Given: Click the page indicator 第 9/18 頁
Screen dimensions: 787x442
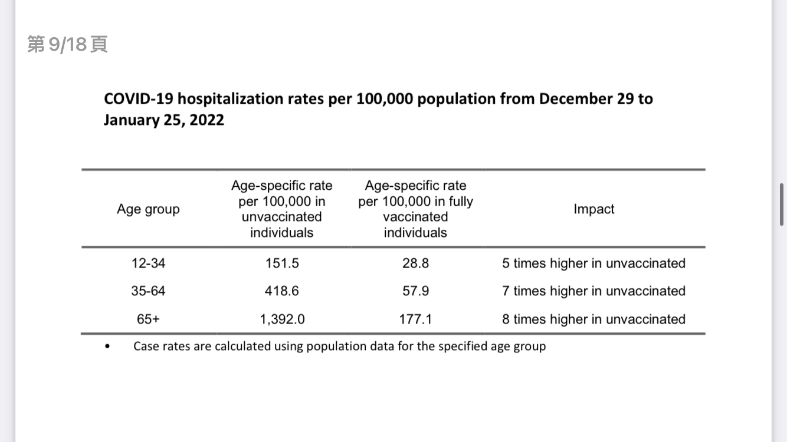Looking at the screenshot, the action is coord(67,44).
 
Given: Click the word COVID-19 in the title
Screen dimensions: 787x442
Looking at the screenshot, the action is coord(139,98).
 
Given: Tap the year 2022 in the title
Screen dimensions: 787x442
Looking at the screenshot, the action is coord(206,120).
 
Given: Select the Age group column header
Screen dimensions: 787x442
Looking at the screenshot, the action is coord(148,209).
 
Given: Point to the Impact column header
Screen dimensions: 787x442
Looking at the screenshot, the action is coord(593,209).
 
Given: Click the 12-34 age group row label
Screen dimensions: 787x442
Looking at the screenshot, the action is coord(148,263).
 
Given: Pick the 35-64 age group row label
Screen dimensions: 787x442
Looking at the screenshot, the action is coord(148,291).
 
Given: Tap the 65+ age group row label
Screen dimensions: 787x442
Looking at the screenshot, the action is coord(148,319).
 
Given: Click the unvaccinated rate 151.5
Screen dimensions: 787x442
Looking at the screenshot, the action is coord(282,263).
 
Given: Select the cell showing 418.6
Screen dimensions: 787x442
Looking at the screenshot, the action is coord(282,291).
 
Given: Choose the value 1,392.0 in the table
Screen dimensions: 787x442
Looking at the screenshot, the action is coord(282,319).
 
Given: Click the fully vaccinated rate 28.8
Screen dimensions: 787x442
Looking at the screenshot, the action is coord(416,263).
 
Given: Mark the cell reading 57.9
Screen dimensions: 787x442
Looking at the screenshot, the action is coord(416,291).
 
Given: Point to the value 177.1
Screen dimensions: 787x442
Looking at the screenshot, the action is coord(415,319).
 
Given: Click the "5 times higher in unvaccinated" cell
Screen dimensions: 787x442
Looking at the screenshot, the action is coord(593,263).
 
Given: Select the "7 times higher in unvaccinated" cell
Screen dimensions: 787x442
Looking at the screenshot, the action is coord(593,291).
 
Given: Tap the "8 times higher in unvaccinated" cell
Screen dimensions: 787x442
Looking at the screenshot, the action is coord(593,319).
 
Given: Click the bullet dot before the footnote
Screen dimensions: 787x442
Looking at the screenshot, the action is coord(107,347).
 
